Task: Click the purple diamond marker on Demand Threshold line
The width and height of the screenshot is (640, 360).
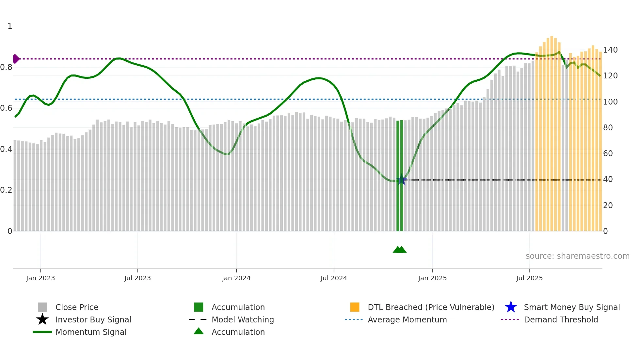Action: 16,59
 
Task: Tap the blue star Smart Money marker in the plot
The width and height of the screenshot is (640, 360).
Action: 401,180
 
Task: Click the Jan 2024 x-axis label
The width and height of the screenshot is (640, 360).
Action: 236,278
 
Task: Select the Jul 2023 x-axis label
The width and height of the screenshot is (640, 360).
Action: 137,278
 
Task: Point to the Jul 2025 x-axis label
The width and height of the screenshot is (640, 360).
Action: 529,278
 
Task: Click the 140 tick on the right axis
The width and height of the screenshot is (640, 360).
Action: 610,50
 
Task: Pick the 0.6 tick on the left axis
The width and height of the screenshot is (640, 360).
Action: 6,108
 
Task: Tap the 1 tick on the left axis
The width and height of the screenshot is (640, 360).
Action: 10,26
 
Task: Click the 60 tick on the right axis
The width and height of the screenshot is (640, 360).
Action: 608,154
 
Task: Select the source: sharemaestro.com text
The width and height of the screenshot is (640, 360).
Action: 577,256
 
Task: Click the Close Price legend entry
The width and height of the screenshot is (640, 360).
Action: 76,307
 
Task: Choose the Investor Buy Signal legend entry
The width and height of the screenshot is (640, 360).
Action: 93,319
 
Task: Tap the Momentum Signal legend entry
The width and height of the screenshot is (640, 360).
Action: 91,332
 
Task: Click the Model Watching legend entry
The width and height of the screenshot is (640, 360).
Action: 243,319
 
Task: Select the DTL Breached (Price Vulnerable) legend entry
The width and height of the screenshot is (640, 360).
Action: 431,307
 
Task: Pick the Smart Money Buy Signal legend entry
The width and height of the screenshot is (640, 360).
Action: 572,307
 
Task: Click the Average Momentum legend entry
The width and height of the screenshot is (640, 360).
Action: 407,319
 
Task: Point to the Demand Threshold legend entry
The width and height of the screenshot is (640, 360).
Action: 561,319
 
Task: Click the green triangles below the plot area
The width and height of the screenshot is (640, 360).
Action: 400,250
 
